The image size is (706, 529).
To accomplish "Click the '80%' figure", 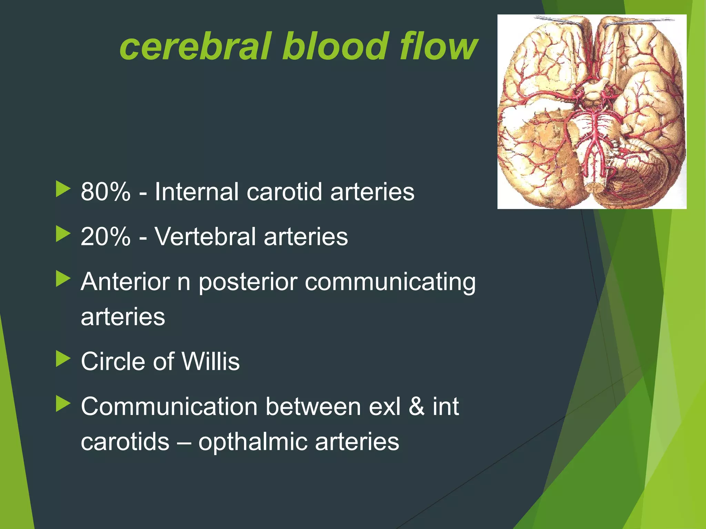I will (x=105, y=191).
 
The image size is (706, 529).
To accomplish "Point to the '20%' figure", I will (x=105, y=237).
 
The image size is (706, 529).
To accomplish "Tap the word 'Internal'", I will (x=197, y=191).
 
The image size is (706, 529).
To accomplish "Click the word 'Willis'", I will (x=210, y=361).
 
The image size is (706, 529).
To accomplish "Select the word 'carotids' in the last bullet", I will (x=125, y=442).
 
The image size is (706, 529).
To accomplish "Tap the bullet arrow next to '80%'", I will (x=63, y=189).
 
